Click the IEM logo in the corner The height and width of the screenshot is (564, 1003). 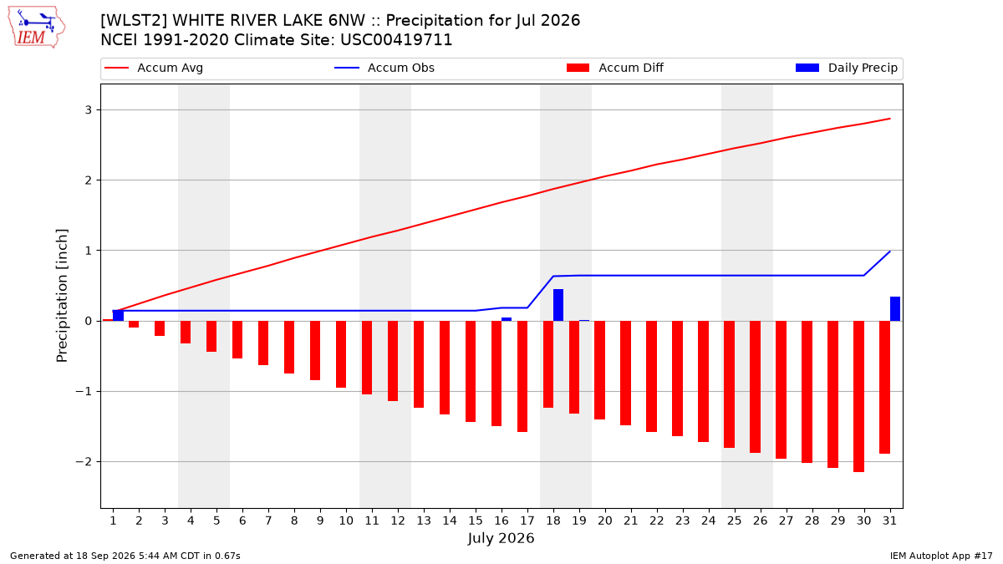pos(37,28)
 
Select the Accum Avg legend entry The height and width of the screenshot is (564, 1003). pos(154,68)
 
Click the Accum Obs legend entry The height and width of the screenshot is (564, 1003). pos(384,68)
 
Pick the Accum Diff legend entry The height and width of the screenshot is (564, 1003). pos(615,68)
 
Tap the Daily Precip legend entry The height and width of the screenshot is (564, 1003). pos(846,68)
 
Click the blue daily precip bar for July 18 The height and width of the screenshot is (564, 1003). pos(558,305)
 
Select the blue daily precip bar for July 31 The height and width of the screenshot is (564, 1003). pos(894,309)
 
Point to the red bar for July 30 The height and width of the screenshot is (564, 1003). pos(859,396)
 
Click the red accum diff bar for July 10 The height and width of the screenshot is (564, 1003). pos(341,354)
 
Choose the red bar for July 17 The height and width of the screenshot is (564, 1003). pos(522,377)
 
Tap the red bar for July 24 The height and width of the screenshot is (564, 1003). pos(703,381)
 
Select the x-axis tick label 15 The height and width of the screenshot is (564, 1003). pos(476,521)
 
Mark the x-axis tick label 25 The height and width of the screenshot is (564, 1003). pos(735,521)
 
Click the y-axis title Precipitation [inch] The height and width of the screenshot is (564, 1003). pos(62,296)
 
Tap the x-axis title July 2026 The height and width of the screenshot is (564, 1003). pos(501,538)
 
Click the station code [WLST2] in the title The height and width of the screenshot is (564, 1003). pos(134,21)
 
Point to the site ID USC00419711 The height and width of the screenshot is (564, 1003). pos(396,40)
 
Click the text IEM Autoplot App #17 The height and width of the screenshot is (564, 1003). pos(941,556)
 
